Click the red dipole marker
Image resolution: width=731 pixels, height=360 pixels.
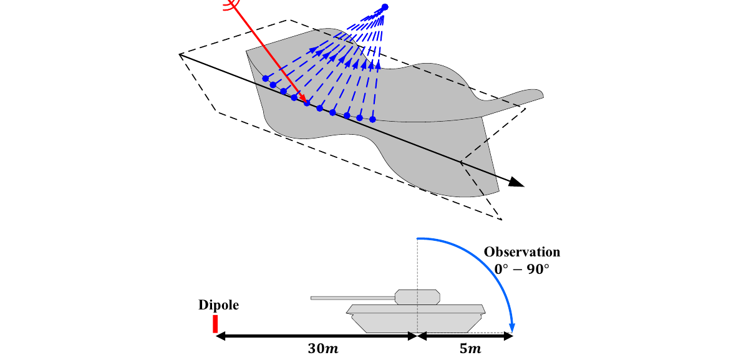coord(215,323)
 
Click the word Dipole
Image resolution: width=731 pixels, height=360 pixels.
coord(218,305)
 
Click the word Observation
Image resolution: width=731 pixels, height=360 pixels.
coord(522,252)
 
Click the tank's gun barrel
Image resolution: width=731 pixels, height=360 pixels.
coord(352,298)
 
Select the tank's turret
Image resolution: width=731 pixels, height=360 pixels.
coord(417,296)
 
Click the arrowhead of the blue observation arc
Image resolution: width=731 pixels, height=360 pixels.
coord(512,326)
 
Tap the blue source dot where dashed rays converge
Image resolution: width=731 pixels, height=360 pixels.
coord(385,7)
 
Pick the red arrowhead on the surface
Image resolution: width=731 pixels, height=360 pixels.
coord(303,99)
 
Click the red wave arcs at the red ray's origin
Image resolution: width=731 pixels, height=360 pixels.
coord(232,5)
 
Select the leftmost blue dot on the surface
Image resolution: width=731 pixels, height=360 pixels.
coord(266,78)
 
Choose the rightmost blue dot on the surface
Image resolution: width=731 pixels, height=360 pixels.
coord(373,119)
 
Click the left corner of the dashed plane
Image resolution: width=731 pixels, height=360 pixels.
coord(180,55)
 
